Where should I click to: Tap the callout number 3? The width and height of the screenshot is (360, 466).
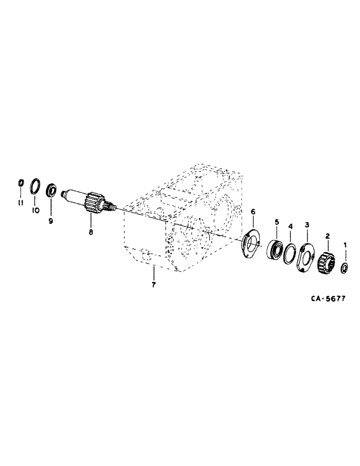pyautogui.click(x=306, y=225)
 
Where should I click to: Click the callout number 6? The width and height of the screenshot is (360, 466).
pyautogui.click(x=253, y=212)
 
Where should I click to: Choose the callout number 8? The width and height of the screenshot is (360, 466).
pyautogui.click(x=91, y=232)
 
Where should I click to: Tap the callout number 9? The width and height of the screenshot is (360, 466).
pyautogui.click(x=51, y=220)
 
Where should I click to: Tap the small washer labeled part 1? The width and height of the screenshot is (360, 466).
pyautogui.click(x=345, y=267)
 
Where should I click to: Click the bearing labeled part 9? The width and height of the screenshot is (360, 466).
pyautogui.click(x=51, y=191)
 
